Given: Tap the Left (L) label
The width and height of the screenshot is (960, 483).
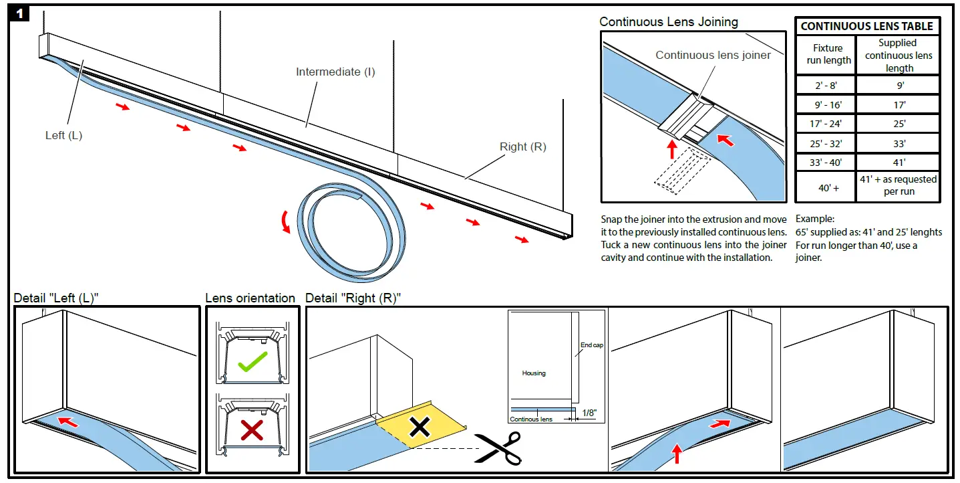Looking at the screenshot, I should [x=63, y=135].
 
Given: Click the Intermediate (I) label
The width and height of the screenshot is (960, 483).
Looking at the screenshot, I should [x=335, y=72].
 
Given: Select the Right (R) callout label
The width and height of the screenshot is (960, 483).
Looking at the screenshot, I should [x=522, y=147].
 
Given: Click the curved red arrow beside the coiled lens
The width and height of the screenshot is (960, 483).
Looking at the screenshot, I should [x=287, y=221].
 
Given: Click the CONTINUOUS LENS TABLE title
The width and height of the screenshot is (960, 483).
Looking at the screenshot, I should [x=866, y=26].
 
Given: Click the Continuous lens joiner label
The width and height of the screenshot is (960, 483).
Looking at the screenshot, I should [x=713, y=55].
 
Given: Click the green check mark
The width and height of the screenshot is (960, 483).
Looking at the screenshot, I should [x=252, y=361].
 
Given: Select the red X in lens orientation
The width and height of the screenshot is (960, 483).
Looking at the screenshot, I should [x=251, y=430].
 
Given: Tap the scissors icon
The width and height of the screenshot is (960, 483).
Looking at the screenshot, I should [x=498, y=448].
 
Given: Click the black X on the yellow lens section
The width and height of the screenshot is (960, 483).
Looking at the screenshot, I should [x=419, y=426].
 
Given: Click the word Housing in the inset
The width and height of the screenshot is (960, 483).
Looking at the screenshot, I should [x=533, y=373].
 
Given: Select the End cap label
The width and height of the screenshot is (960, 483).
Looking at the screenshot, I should [x=591, y=345].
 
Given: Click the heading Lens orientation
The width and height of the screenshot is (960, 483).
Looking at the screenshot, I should [x=250, y=298].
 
